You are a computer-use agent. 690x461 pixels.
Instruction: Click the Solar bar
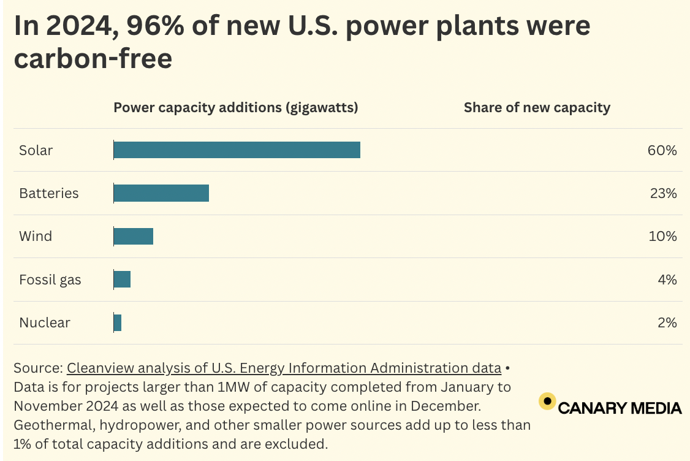click(x=237, y=150)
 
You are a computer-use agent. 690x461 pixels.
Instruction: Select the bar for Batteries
click(x=161, y=193)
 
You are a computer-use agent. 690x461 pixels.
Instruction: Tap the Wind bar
click(x=133, y=236)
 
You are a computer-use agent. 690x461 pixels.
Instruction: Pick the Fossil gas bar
click(x=122, y=280)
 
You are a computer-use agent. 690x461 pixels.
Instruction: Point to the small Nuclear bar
click(x=118, y=322)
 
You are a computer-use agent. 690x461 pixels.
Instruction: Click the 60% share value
click(x=662, y=150)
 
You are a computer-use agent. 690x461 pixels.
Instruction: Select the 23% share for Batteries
click(x=663, y=193)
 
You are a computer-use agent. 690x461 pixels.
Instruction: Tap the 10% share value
click(x=662, y=236)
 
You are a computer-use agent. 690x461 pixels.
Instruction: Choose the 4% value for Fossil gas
click(x=667, y=280)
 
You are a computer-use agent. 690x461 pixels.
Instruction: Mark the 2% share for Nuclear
click(x=667, y=322)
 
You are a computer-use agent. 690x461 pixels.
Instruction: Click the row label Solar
click(x=36, y=150)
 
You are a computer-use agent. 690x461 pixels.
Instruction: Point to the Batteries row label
click(x=49, y=193)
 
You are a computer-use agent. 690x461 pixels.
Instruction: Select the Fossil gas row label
click(x=50, y=280)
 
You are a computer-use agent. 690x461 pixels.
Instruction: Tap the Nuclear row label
click(x=45, y=322)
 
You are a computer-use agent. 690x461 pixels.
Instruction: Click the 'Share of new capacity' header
click(x=537, y=108)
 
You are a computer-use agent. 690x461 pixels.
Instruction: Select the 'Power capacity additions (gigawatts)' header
click(x=236, y=108)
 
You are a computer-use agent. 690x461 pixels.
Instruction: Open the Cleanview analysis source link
click(x=284, y=368)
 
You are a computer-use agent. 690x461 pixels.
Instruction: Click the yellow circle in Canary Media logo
click(x=547, y=402)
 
